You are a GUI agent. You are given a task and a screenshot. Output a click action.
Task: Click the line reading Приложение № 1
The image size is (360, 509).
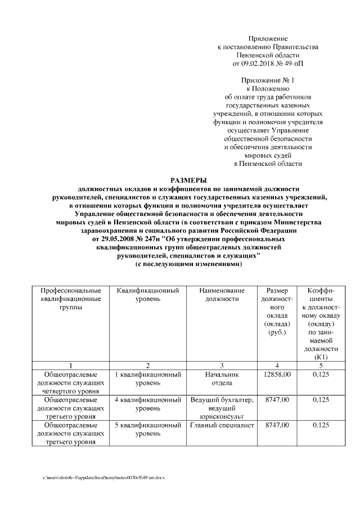pyautogui.click(x=268, y=80)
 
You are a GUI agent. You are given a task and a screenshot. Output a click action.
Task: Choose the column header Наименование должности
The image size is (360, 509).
pyautogui.click(x=222, y=295)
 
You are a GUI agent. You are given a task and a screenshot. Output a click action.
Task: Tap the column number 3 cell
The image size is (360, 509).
pyautogui.click(x=222, y=365)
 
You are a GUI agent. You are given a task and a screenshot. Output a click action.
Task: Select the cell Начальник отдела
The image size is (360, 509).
pyautogui.click(x=222, y=378)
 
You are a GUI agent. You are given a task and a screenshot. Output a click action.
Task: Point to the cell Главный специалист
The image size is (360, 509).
pyautogui.click(x=222, y=426)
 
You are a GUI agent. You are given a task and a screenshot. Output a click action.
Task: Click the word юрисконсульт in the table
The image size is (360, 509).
pyautogui.click(x=222, y=417)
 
